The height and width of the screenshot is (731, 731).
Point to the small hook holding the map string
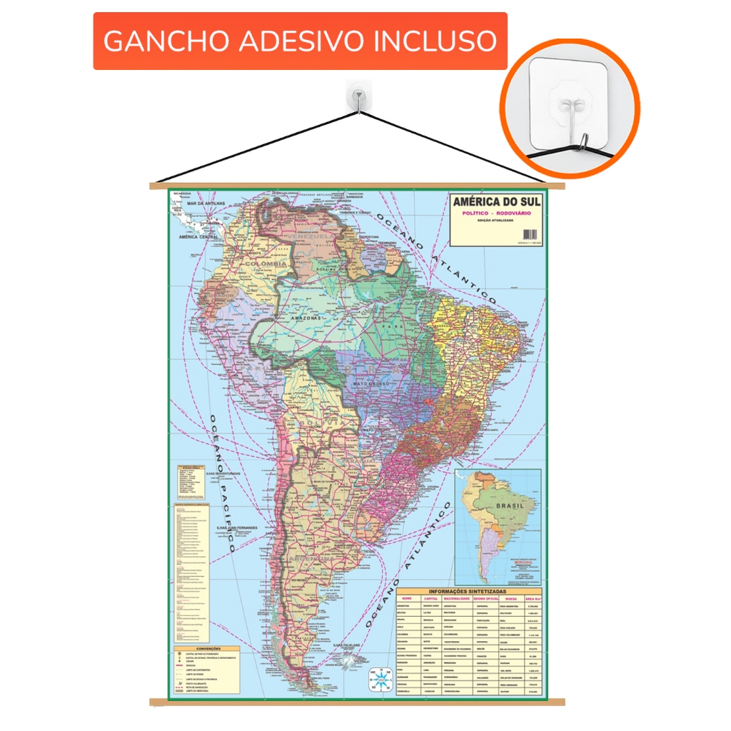point(356,97)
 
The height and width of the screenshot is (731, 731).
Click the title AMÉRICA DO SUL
point(497,201)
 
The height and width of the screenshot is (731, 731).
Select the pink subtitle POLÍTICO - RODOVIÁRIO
point(497,213)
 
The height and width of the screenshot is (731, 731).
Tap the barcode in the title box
point(530,234)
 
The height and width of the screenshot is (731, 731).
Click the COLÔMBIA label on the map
point(265,264)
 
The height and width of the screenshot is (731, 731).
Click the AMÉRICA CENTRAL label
point(198,237)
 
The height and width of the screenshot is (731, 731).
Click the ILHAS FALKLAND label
point(349,645)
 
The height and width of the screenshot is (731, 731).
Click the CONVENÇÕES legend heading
point(207,649)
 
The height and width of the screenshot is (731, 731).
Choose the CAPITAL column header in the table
point(435,598)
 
